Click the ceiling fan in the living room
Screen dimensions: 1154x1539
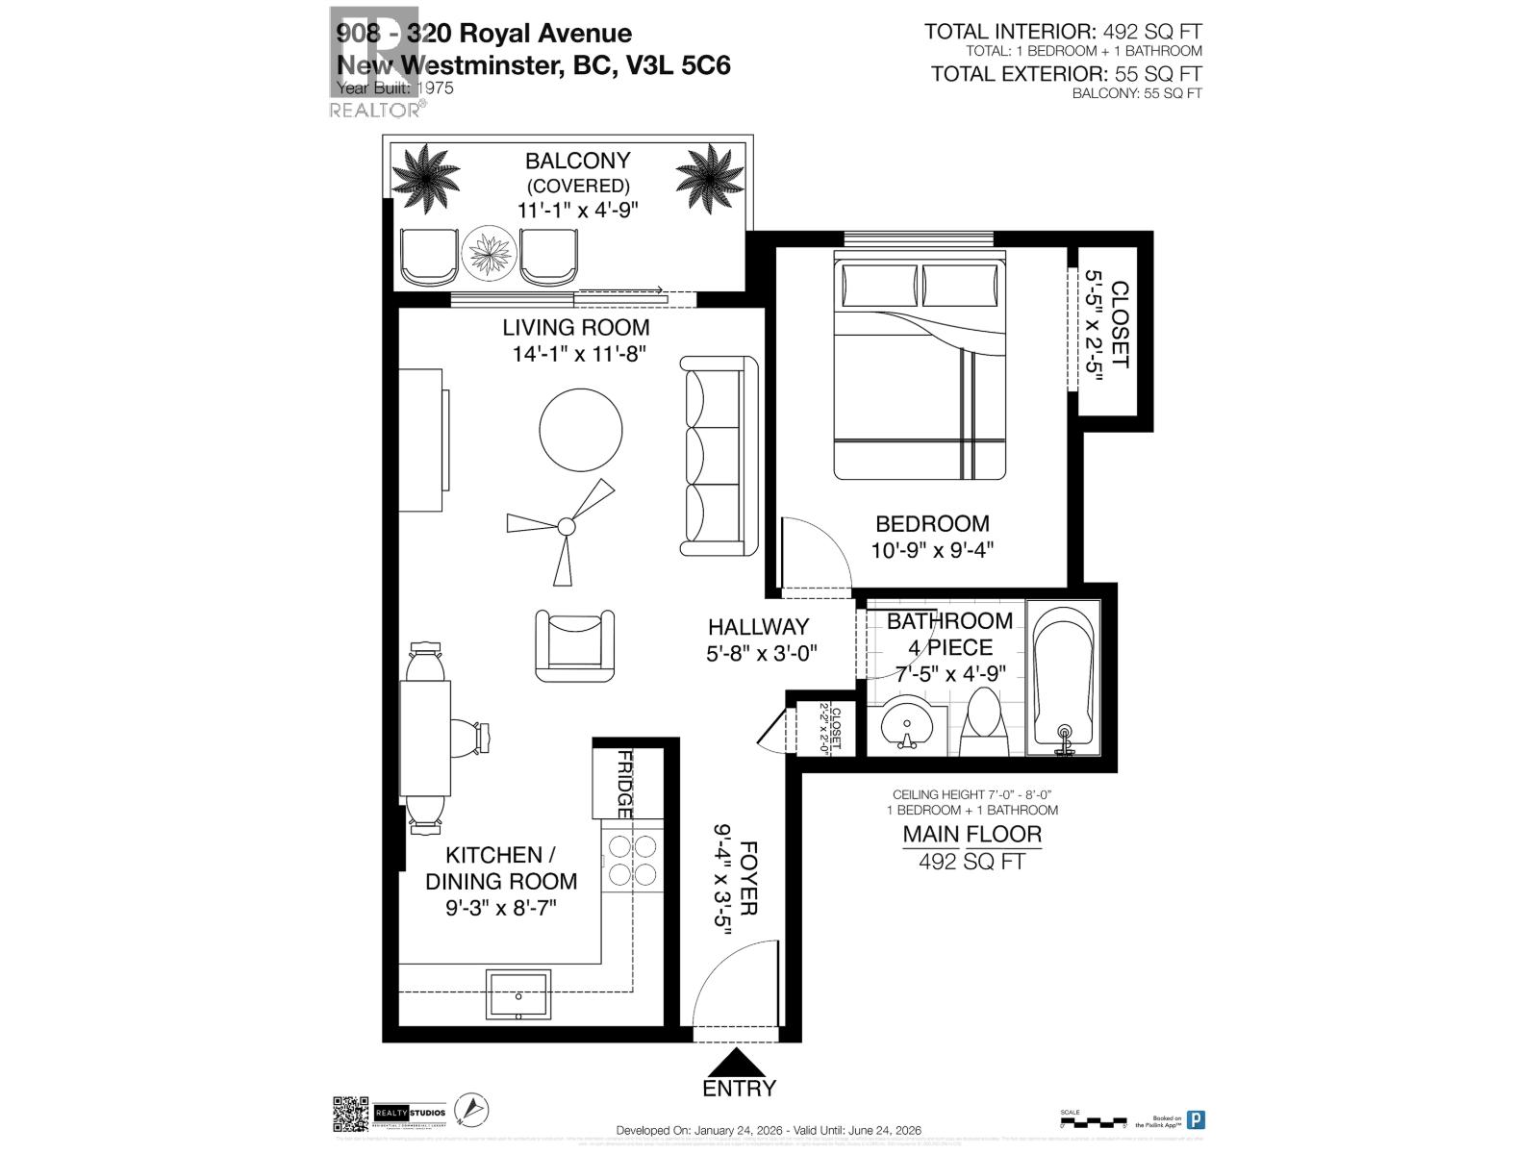coord(566,526)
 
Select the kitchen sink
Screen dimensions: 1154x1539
coord(518,993)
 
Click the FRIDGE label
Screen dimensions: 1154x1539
coord(624,785)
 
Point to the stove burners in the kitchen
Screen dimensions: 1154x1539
coord(631,859)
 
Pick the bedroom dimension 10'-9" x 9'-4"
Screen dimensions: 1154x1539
coord(932,550)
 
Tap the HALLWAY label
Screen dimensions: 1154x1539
coord(758,627)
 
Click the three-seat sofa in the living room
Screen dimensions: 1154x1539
coord(719,455)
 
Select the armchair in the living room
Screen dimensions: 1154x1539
coord(574,644)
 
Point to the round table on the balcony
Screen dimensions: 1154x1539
coord(490,254)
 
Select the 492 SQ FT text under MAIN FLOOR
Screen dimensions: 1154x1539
coord(971,862)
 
